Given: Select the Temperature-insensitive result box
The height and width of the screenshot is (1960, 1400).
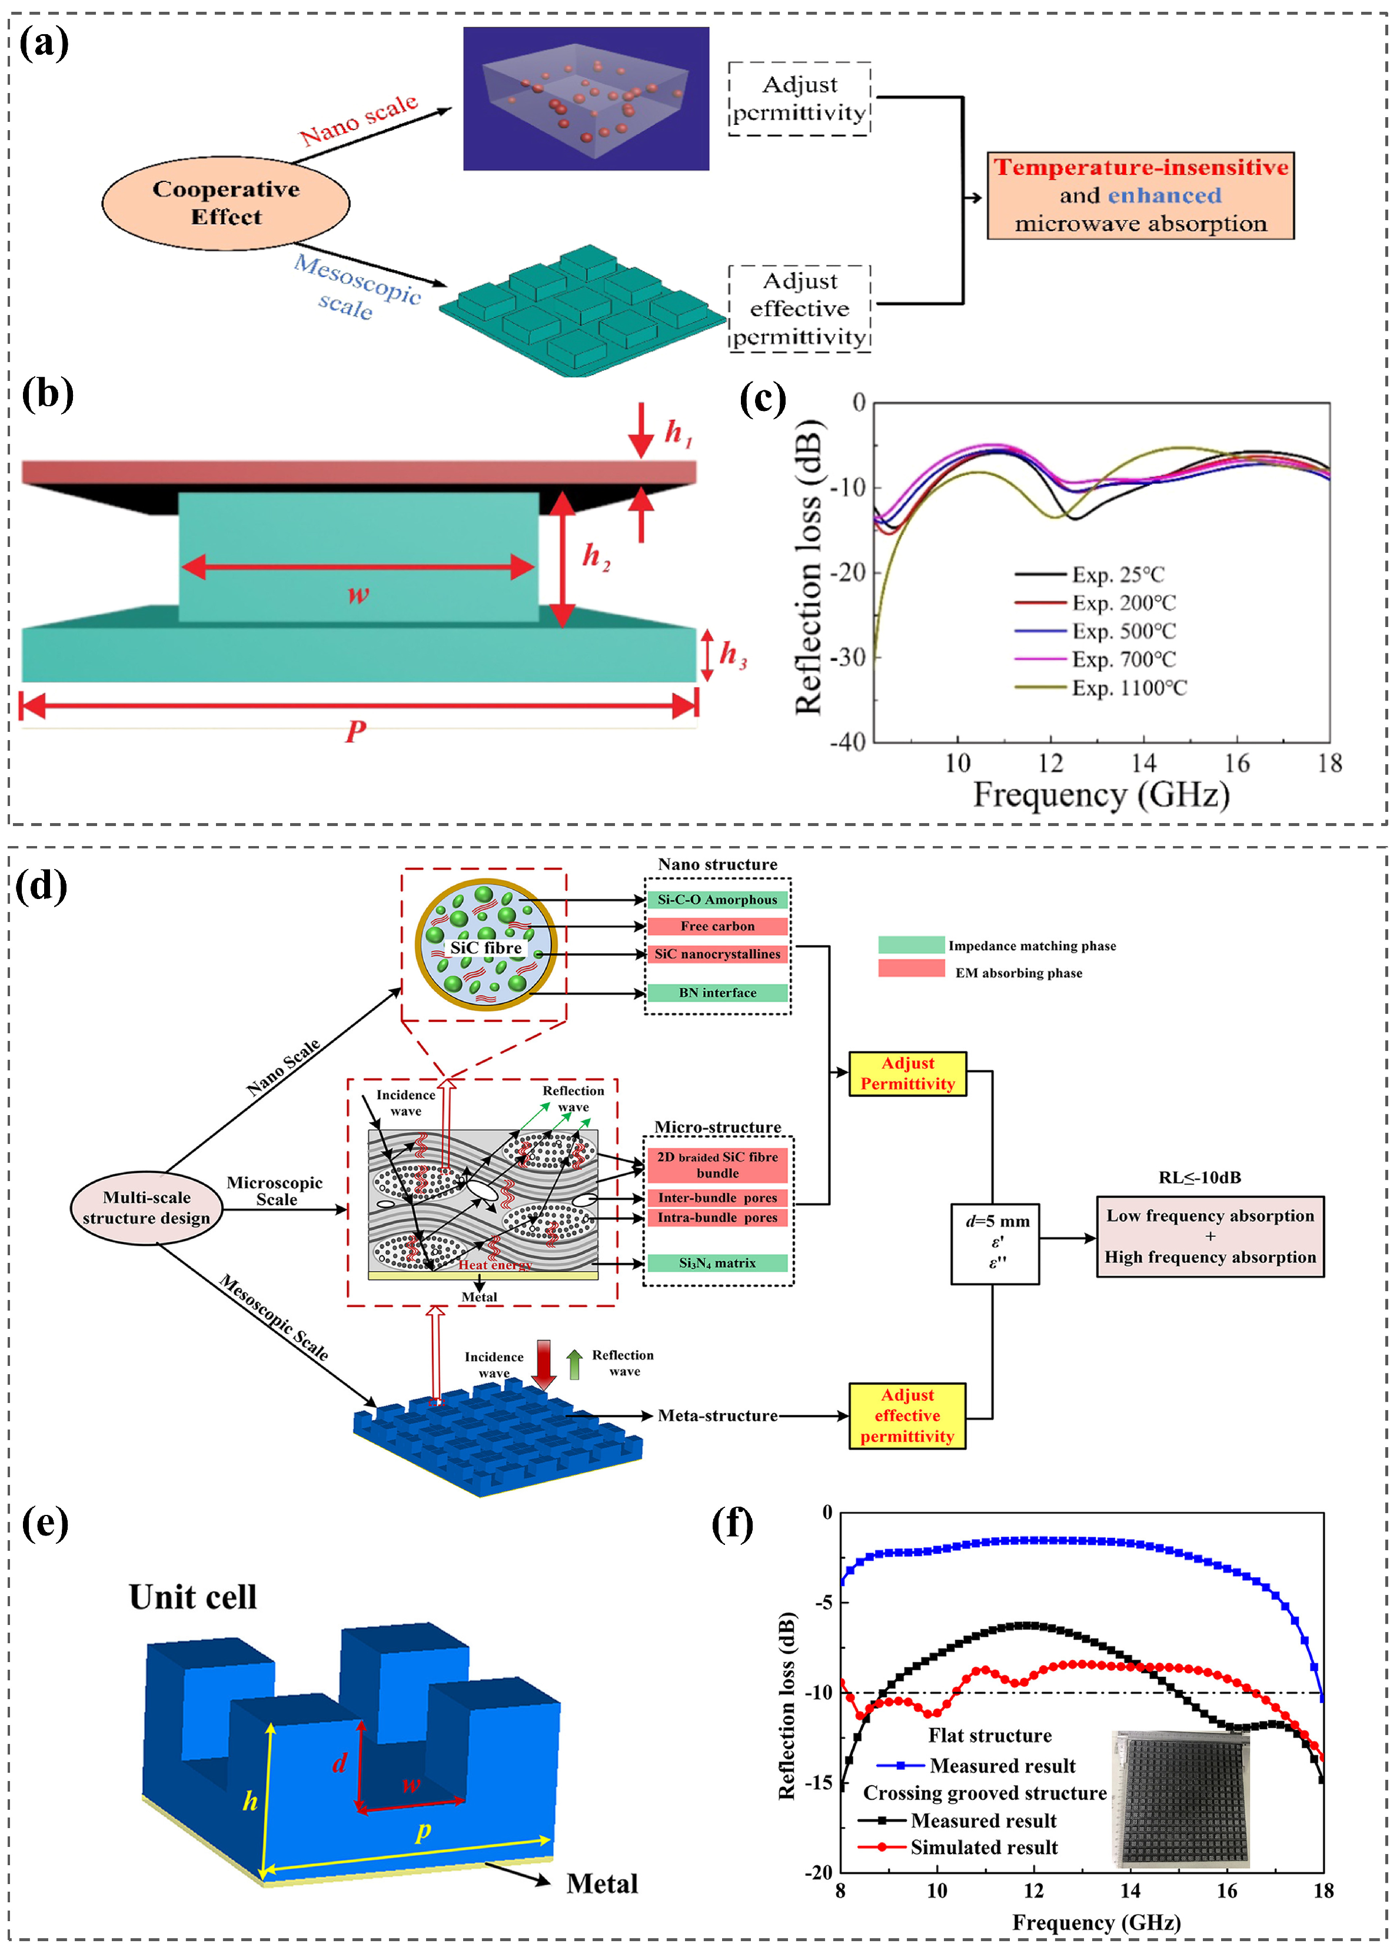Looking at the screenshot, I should (x=1140, y=195).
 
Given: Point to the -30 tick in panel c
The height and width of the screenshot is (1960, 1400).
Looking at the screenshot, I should (x=847, y=657).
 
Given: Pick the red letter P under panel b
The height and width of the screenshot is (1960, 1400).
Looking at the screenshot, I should (x=356, y=731).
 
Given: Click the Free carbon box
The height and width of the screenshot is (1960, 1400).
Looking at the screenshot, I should (x=717, y=926).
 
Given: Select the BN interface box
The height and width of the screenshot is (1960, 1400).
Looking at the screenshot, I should (x=717, y=993).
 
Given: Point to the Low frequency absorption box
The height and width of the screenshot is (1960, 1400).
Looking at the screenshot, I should (x=1209, y=1236).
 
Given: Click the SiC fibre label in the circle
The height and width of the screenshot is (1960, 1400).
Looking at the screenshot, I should (x=485, y=948).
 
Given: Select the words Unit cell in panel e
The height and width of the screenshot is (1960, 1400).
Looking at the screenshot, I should (x=193, y=1596).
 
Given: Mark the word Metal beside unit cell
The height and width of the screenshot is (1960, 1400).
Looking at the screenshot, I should (x=602, y=1883).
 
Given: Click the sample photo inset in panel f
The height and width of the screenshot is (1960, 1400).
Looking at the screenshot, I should (x=1182, y=1798).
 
